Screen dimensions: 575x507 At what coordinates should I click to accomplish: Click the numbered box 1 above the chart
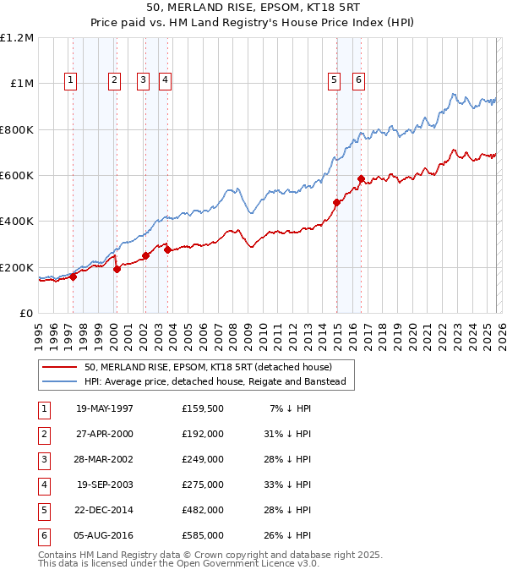[69, 80]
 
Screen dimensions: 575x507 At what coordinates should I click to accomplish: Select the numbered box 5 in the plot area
[335, 80]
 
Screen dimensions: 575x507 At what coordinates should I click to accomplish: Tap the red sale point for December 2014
[336, 202]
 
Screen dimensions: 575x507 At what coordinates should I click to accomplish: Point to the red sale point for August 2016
[361, 178]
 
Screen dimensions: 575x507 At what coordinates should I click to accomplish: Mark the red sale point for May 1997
[74, 276]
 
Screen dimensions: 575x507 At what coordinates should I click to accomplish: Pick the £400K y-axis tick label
[18, 222]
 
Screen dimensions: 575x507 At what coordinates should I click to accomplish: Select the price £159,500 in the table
[203, 408]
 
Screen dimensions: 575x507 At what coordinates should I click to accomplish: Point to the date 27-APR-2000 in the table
[105, 433]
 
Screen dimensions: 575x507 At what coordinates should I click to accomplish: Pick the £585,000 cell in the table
[203, 536]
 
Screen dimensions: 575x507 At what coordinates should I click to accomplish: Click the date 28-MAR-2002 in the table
[105, 459]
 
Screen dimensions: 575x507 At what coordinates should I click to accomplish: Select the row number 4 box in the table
[42, 485]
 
